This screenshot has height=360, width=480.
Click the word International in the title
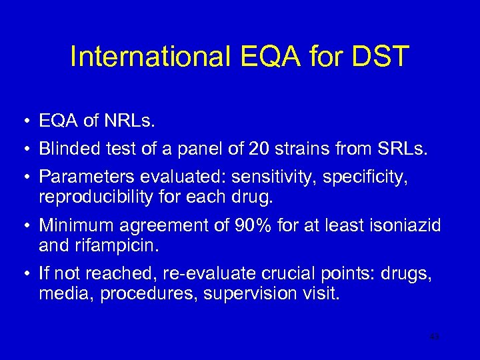151,57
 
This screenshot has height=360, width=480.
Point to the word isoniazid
407,226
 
